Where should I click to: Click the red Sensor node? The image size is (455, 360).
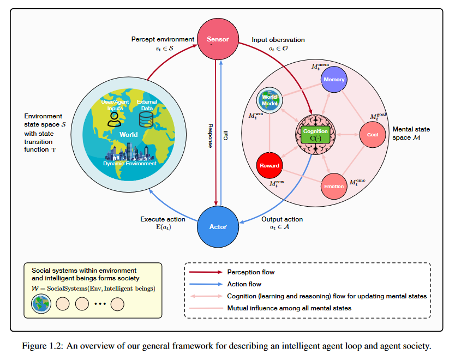click(x=217, y=39)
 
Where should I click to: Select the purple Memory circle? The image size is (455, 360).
click(x=334, y=80)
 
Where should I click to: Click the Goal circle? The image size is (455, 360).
click(x=372, y=134)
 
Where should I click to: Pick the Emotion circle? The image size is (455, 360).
click(x=334, y=186)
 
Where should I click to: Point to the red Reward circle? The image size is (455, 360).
click(x=270, y=165)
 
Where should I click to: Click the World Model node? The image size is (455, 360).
click(x=270, y=100)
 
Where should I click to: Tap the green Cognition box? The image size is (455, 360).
click(x=315, y=134)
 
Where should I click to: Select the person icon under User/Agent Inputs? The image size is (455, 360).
click(x=113, y=119)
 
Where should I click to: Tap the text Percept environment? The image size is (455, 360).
click(x=163, y=39)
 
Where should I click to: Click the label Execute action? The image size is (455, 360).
click(x=163, y=219)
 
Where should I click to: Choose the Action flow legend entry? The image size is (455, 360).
click(x=243, y=284)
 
